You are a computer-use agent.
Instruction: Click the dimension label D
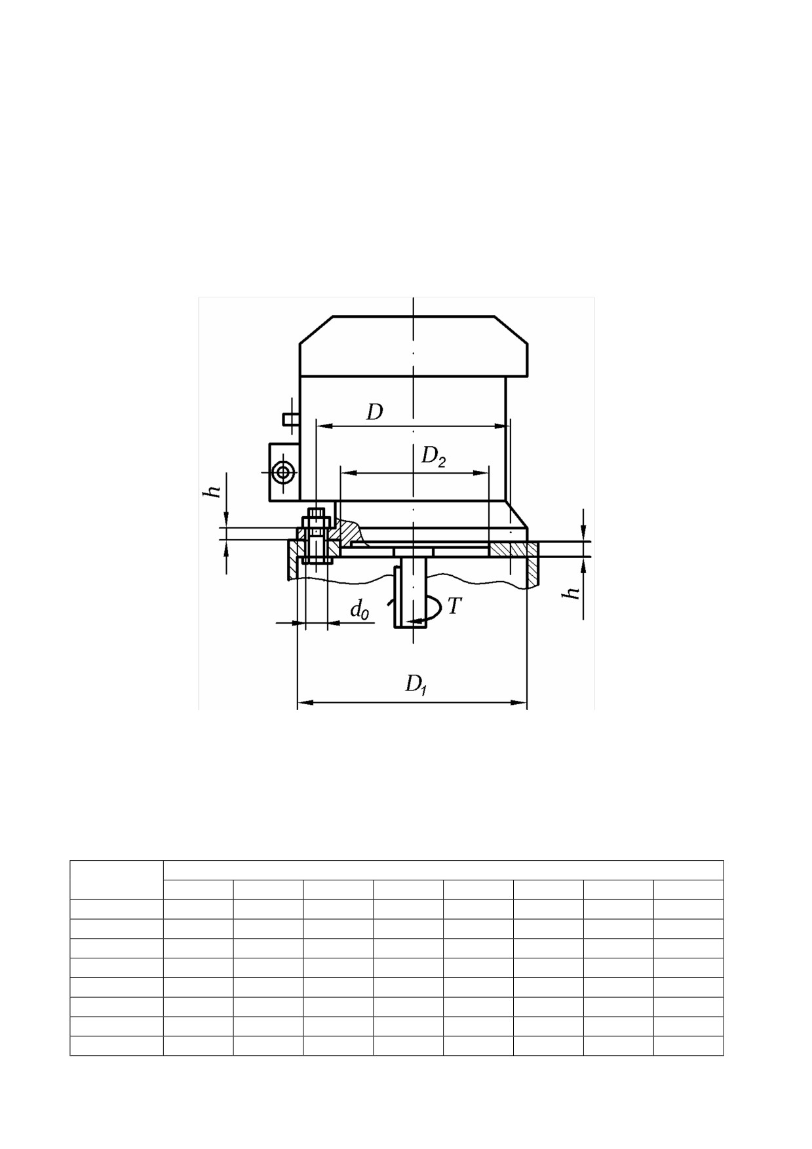click(374, 412)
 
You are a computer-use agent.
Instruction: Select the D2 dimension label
click(433, 456)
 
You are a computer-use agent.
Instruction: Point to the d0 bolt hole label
click(360, 611)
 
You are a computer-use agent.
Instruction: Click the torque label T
click(454, 606)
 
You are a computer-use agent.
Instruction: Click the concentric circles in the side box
click(284, 472)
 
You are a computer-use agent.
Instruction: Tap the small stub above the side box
click(291, 419)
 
